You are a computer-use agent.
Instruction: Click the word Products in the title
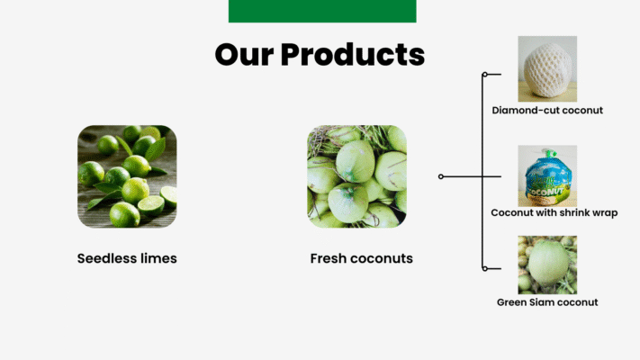pos(353,54)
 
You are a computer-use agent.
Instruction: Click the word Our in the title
pos(245,55)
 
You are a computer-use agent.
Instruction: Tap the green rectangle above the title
pos(322,11)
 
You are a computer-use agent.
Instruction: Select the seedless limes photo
pos(127,176)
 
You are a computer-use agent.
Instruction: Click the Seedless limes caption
pos(127,258)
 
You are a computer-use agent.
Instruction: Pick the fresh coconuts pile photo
pos(356,176)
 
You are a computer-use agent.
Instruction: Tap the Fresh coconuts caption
pos(361,258)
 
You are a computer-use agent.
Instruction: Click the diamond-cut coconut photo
pos(547,68)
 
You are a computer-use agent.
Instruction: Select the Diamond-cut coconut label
pos(547,110)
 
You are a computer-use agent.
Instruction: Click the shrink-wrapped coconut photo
pos(547,175)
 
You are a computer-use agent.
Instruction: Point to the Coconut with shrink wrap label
pos(554,212)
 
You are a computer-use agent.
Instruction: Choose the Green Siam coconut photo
pos(547,265)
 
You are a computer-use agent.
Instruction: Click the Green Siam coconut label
pos(547,302)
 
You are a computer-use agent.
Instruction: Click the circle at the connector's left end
pos(441,176)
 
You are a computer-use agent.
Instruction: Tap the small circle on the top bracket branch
pos(485,75)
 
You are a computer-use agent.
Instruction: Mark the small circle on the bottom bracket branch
pos(485,268)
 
